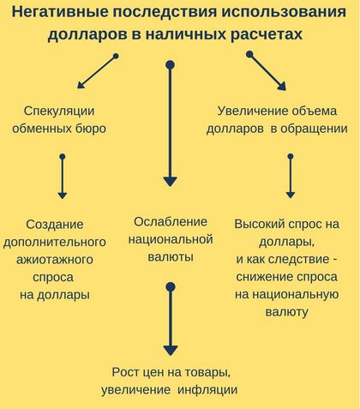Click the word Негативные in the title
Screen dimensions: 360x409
tap(60, 12)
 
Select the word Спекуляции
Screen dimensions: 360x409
tap(59, 111)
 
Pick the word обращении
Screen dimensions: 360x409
tap(314, 129)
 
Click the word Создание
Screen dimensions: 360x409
tap(55, 225)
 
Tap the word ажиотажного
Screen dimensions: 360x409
tap(55, 260)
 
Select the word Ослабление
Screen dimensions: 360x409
tap(171, 222)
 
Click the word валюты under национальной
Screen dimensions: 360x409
tap(171, 257)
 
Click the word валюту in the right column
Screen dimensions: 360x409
tap(286, 312)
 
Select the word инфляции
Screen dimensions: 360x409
tap(207, 390)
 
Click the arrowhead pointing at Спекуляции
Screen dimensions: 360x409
tap(81, 85)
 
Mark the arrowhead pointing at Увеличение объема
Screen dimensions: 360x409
tap(281, 86)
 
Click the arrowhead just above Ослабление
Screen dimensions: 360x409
tap(171, 182)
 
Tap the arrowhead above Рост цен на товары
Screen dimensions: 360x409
tap(171, 351)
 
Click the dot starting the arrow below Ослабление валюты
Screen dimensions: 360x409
tap(171, 286)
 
